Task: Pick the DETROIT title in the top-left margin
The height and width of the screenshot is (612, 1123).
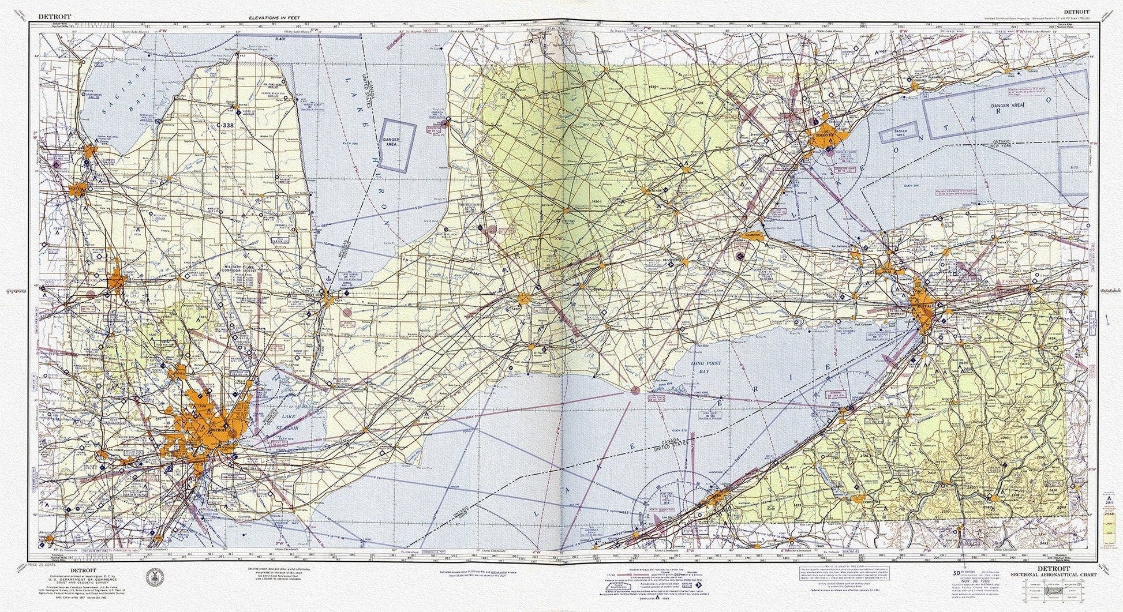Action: tap(55, 17)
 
